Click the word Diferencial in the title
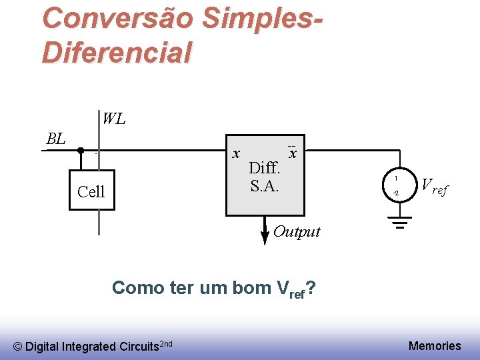tap(117, 52)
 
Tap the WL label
tap(113, 119)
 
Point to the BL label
tap(56, 139)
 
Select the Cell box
tap(91, 192)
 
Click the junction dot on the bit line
tap(80, 151)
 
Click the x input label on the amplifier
tap(236, 154)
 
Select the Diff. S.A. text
tap(265, 177)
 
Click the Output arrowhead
tap(265, 239)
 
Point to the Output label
tap(297, 232)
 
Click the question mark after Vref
tap(312, 288)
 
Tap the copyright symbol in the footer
tap(18, 347)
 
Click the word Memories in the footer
tap(435, 345)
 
